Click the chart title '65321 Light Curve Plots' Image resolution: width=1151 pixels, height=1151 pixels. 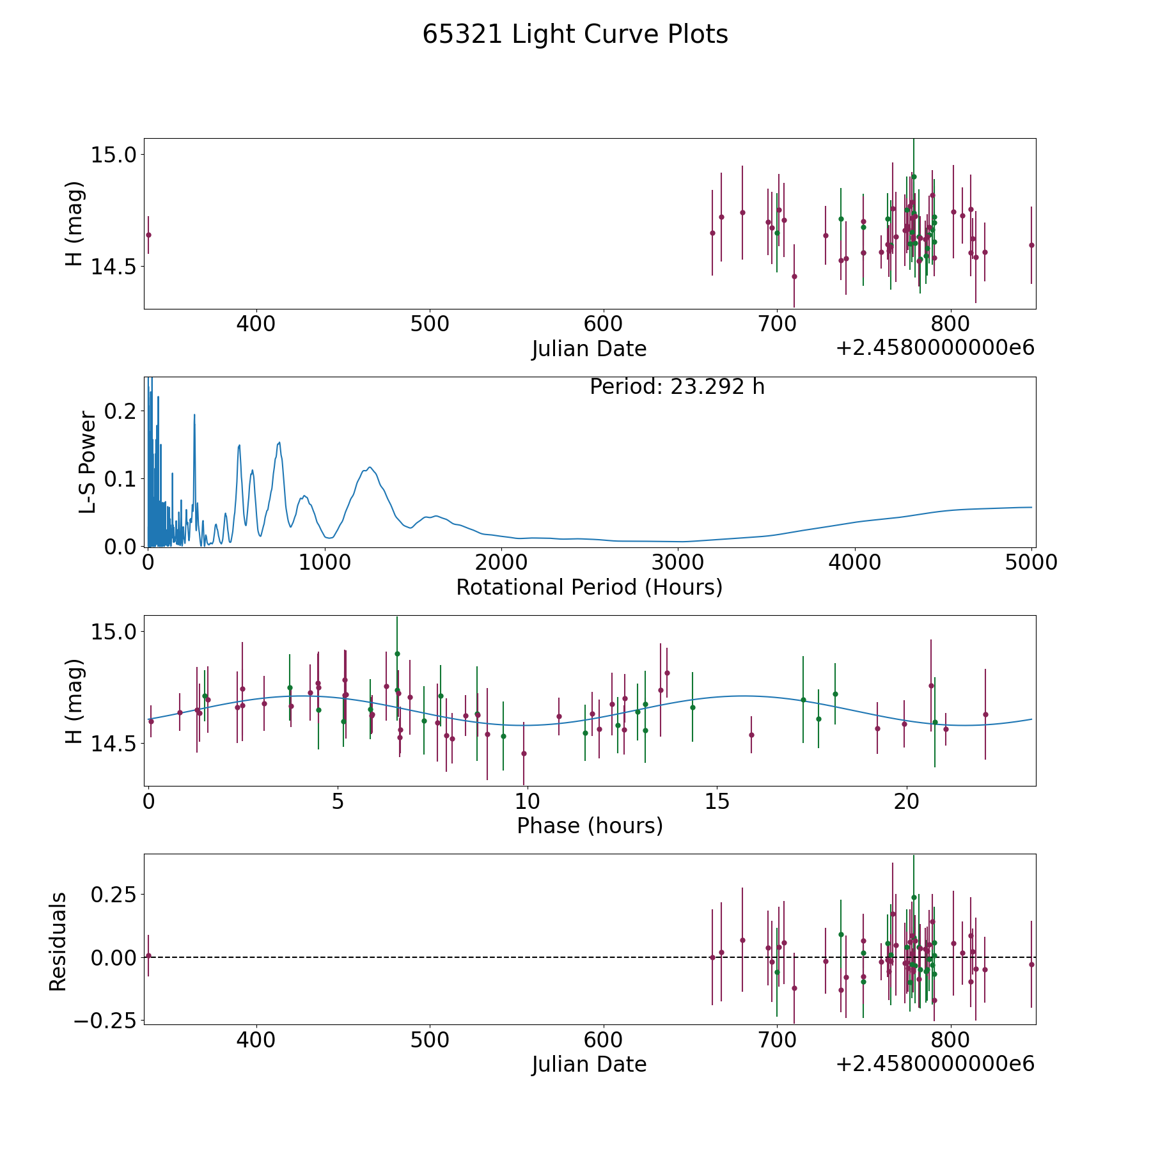click(x=575, y=35)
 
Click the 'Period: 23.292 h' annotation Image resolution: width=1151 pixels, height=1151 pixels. click(x=677, y=387)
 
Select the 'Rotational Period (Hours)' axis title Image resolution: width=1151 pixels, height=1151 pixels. click(x=589, y=587)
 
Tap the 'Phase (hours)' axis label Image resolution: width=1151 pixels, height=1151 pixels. click(x=589, y=826)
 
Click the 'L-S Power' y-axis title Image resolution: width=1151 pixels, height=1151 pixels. click(x=88, y=462)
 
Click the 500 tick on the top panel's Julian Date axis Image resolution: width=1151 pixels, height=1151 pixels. click(x=429, y=324)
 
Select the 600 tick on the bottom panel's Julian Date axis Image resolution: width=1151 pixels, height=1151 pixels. click(x=603, y=1040)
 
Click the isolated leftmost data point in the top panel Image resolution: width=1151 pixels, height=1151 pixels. click(x=148, y=235)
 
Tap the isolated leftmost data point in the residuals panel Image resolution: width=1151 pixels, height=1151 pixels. click(x=148, y=955)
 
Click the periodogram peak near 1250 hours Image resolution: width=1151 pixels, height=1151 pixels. click(x=370, y=467)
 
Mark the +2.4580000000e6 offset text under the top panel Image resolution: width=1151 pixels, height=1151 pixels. click(x=935, y=348)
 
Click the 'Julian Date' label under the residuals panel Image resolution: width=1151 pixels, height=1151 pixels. click(x=589, y=1065)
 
